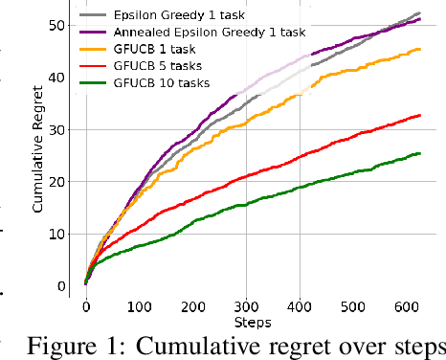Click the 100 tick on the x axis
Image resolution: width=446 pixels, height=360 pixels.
[140, 306]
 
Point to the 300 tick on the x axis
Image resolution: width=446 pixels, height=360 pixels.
[246, 306]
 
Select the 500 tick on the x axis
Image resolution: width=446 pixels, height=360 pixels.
[352, 306]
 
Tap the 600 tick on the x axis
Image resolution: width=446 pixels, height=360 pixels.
[406, 306]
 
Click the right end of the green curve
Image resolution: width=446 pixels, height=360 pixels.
[419, 153]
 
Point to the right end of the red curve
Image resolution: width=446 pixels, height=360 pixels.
[419, 115]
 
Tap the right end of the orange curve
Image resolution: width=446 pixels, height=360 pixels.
[419, 49]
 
